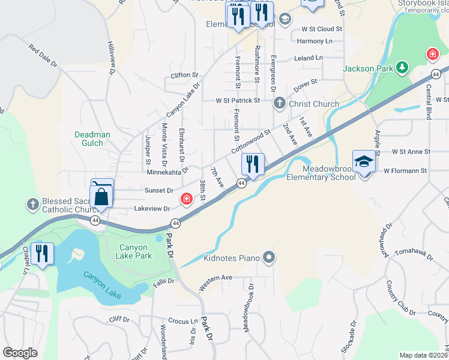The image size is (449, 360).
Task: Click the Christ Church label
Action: point(313,104)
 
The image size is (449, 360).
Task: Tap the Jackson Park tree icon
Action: point(402,68)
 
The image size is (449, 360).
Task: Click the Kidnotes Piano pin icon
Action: point(268,258)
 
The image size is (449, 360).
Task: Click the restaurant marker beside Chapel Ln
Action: point(41,253)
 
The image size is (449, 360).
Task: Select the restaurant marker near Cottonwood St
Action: point(253,164)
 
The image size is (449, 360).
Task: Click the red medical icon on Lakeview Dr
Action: point(187,199)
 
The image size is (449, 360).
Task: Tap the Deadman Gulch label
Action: point(92,139)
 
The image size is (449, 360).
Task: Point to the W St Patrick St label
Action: point(238,100)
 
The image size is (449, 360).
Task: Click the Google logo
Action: point(20,353)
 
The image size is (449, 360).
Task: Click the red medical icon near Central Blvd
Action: point(432,55)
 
